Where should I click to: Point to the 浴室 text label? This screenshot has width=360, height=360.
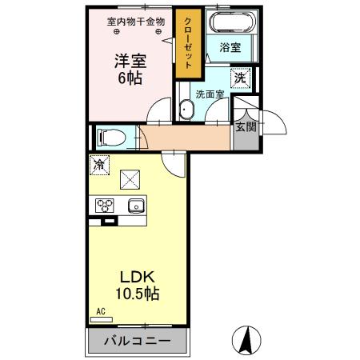tap(230, 48)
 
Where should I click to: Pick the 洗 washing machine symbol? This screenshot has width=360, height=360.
tap(239, 78)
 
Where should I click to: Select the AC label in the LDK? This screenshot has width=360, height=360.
tap(101, 311)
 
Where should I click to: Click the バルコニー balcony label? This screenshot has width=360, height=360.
tap(137, 341)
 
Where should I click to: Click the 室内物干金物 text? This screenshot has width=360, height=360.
tap(136, 22)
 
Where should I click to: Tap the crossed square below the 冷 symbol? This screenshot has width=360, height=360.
tap(129, 179)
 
